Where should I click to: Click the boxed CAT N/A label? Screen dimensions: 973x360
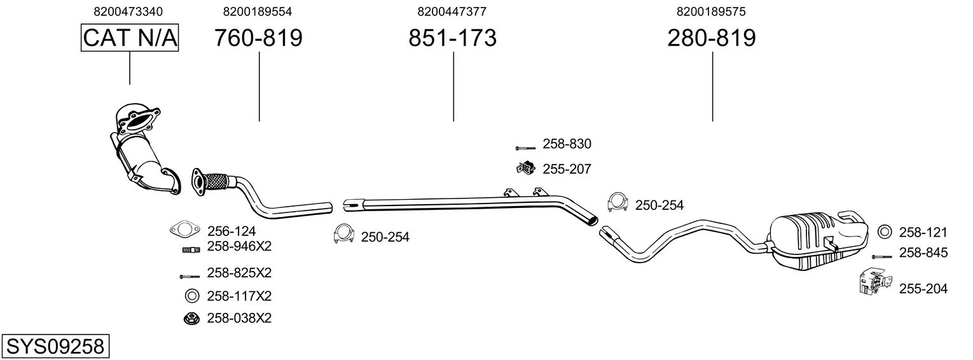click(130, 38)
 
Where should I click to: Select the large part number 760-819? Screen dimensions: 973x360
click(258, 38)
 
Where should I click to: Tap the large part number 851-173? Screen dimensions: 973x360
click(452, 38)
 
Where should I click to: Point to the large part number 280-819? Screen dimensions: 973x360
click(712, 38)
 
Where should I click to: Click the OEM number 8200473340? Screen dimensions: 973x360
click(128, 11)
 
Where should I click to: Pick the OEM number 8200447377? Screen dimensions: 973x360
click(452, 11)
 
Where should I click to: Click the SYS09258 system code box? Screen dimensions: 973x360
click(55, 347)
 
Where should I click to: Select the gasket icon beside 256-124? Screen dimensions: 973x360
click(185, 229)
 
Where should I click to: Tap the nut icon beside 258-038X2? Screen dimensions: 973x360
click(191, 319)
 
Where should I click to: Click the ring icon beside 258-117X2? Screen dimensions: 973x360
click(191, 296)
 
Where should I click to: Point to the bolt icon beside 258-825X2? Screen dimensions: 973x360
click(190, 276)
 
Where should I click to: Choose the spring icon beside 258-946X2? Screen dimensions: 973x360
click(191, 250)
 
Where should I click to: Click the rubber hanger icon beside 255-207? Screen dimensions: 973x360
click(525, 168)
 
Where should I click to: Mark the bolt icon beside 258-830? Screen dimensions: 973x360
click(525, 149)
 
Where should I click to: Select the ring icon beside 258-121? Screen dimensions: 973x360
click(884, 232)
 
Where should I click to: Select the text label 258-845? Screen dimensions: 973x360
click(923, 253)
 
